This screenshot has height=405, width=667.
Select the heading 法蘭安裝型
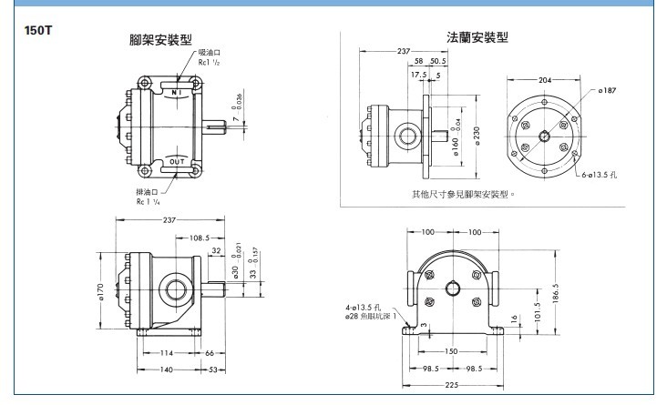pyautogui.click(x=477, y=37)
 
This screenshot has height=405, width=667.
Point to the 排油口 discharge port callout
pyautogui.click(x=148, y=192)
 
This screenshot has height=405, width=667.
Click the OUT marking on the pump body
pyautogui.click(x=178, y=161)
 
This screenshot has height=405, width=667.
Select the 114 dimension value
pyautogui.click(x=167, y=353)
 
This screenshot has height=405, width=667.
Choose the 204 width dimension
pyautogui.click(x=545, y=80)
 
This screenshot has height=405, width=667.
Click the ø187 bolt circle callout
pyautogui.click(x=608, y=91)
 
